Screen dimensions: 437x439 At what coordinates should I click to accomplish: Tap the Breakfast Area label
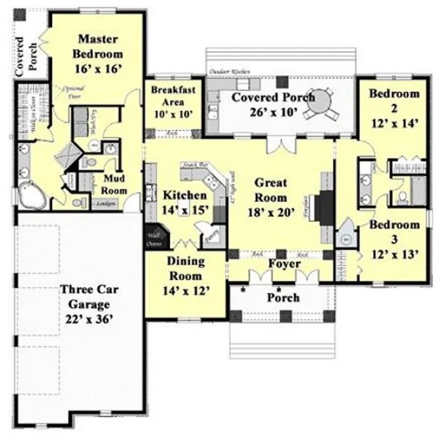click(172, 102)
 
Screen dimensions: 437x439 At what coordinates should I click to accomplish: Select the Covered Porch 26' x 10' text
click(273, 104)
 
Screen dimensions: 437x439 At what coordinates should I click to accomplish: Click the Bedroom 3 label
click(394, 240)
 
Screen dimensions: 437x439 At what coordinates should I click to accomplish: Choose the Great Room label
click(271, 197)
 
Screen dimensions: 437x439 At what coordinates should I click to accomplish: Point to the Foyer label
click(284, 264)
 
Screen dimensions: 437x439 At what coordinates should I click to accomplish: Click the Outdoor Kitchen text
click(227, 71)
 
